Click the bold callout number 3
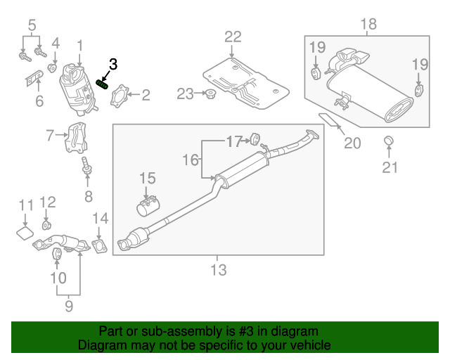point(112,64)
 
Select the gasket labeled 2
point(122,96)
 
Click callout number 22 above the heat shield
point(233,37)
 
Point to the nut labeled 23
point(209,94)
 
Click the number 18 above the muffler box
point(368,25)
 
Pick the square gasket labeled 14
point(101,245)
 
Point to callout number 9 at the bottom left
point(69,306)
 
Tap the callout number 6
point(39,101)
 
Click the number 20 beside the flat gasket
point(352,143)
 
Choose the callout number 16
point(191,160)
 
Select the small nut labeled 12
point(46,225)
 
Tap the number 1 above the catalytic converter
point(79,46)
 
